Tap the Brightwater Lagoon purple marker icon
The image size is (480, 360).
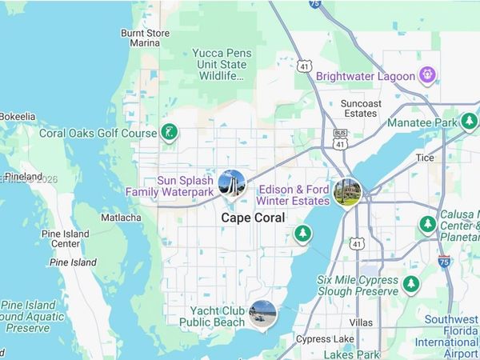click(x=429, y=76)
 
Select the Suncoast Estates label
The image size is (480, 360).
click(x=358, y=108)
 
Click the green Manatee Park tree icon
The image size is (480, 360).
click(x=469, y=122)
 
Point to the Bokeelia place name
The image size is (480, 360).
click(x=17, y=117)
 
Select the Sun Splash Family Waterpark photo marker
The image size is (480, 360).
click(x=231, y=185)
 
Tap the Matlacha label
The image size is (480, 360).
click(x=122, y=218)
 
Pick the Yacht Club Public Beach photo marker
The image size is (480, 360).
click(x=262, y=313)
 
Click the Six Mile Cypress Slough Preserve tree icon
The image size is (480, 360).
click(x=411, y=284)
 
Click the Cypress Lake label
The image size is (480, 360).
click(x=326, y=338)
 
